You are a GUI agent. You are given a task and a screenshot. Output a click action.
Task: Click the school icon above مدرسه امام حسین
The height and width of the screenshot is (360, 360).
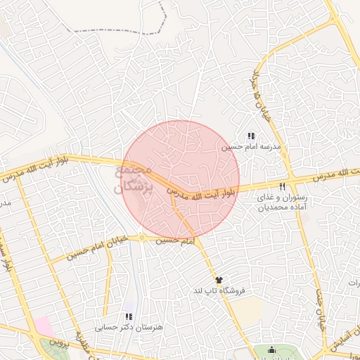250,136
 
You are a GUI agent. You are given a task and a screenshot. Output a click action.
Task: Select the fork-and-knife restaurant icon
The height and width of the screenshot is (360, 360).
282,187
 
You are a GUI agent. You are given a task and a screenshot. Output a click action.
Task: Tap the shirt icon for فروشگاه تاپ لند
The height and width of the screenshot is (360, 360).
219,280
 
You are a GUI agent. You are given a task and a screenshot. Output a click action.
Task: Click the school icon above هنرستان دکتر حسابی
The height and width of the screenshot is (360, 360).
128,317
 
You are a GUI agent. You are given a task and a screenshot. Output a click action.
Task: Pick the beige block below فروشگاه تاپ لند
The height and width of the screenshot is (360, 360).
242,310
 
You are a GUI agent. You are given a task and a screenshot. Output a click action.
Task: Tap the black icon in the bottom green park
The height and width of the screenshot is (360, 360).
272,350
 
